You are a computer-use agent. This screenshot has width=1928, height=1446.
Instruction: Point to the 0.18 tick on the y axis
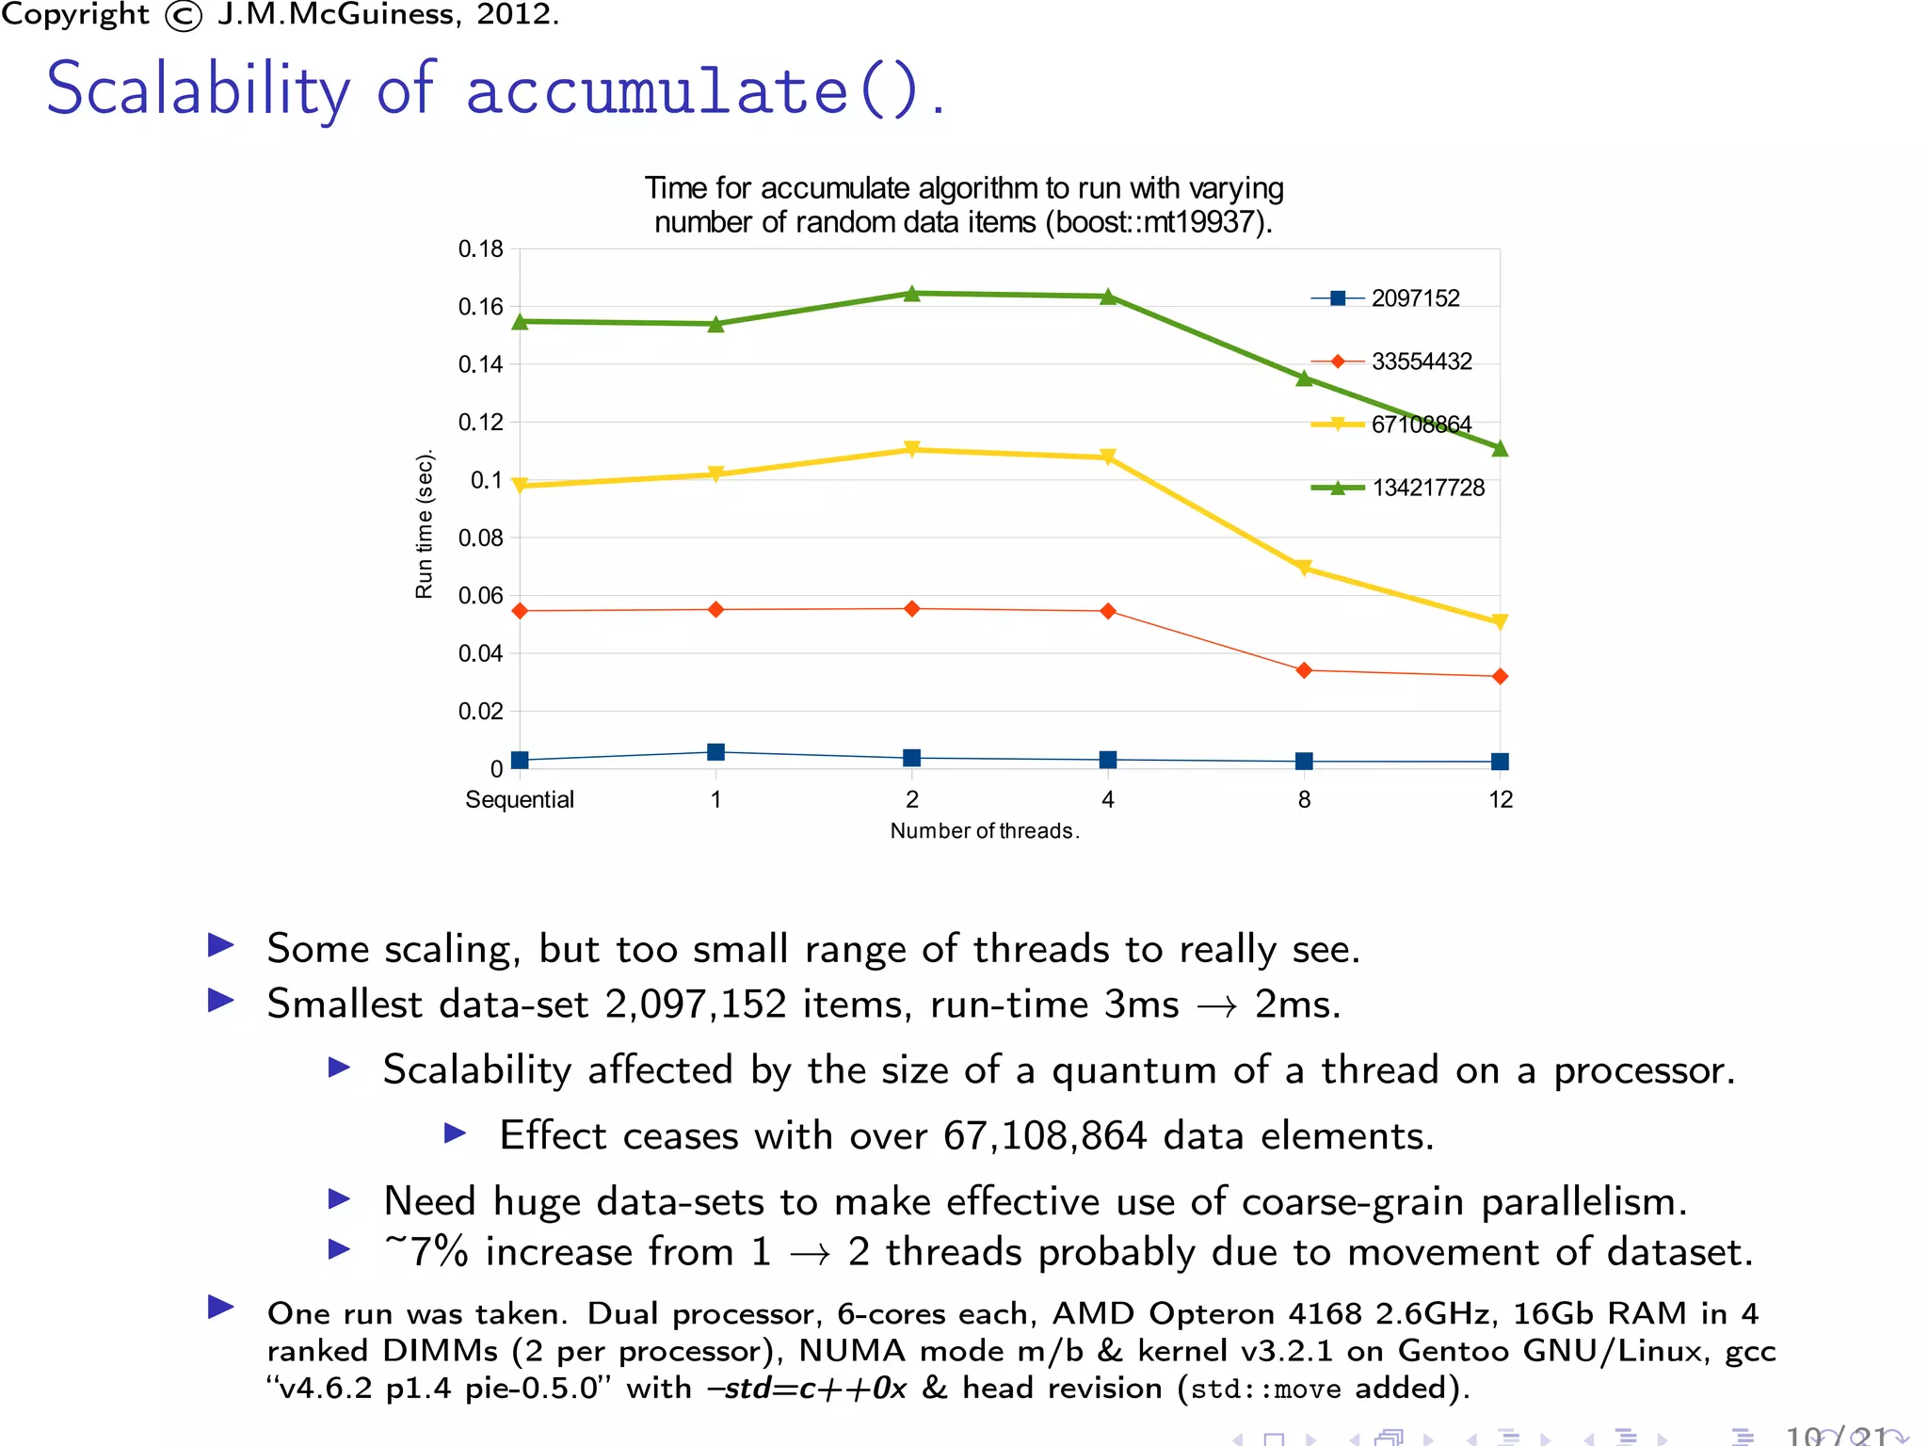click(480, 249)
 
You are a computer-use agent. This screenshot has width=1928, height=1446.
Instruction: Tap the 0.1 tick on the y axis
click(486, 480)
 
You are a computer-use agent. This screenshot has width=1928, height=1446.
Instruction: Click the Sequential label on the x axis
click(519, 800)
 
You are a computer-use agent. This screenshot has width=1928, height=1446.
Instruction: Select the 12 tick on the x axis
click(1501, 800)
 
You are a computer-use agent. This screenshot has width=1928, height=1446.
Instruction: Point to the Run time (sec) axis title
click(424, 523)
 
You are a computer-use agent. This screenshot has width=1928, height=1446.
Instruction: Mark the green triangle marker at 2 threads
click(911, 294)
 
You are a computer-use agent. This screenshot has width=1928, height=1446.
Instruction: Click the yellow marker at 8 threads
click(1304, 568)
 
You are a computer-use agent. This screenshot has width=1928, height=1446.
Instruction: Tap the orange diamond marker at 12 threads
click(1500, 677)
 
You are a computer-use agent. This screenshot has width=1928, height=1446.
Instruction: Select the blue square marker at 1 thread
click(715, 752)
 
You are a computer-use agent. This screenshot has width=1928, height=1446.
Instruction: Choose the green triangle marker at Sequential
click(520, 322)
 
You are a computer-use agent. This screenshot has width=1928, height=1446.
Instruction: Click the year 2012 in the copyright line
click(514, 14)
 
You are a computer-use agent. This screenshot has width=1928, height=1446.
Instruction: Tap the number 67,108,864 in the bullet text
click(1045, 1136)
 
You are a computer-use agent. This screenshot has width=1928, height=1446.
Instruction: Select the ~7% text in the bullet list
click(426, 1252)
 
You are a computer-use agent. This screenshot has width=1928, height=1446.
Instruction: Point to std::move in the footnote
click(1265, 1390)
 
